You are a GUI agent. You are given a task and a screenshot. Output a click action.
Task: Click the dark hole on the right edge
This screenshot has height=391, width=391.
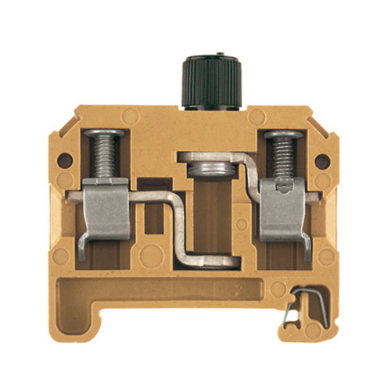point(321,162)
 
